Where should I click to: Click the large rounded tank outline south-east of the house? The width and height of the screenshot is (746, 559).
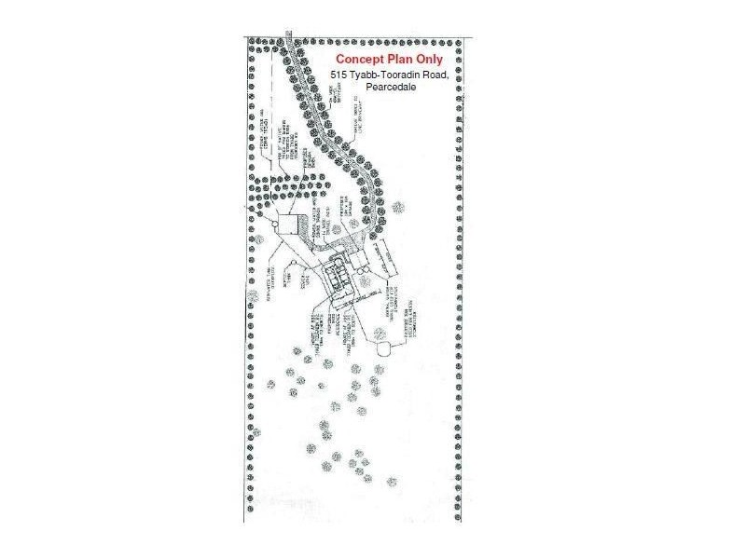384,348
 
